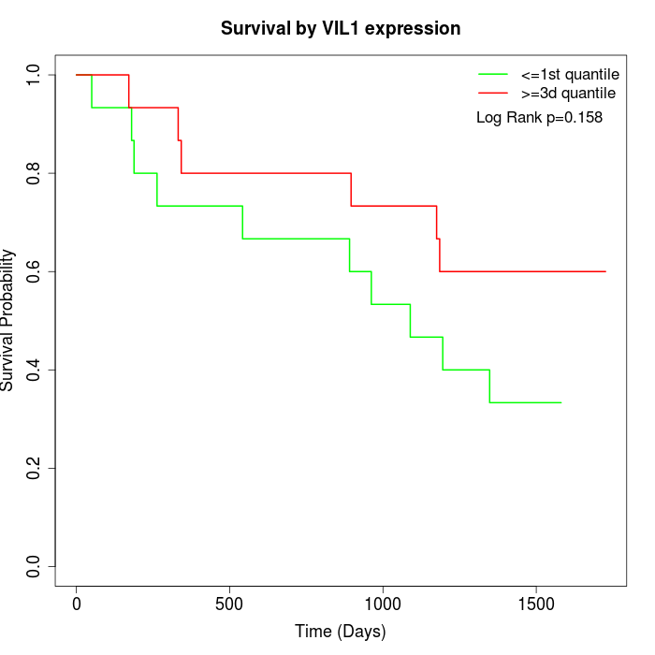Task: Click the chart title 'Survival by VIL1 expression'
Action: (341, 29)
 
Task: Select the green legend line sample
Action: (493, 74)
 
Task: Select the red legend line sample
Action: (493, 94)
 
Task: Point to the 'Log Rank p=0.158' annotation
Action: (539, 118)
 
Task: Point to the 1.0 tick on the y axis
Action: (35, 75)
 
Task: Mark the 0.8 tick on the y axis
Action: (35, 173)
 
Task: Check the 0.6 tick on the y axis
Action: (35, 271)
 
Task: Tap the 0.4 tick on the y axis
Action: (35, 370)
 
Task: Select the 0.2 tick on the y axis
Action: (35, 468)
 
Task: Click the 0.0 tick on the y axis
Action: (35, 566)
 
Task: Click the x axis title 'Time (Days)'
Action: (341, 632)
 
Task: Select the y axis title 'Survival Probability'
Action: (9, 320)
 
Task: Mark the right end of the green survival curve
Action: (560, 402)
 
